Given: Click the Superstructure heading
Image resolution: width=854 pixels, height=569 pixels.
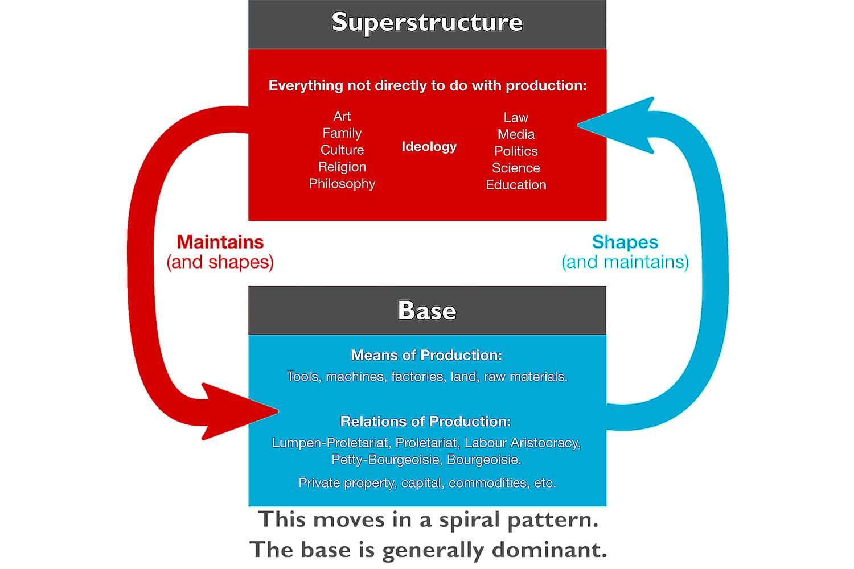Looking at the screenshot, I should [427, 23].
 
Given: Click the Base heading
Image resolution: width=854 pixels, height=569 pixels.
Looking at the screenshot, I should [427, 311].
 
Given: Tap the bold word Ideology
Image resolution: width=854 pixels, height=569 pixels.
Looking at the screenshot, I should [429, 147].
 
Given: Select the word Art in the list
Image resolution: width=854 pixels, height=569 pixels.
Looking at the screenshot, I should [342, 116].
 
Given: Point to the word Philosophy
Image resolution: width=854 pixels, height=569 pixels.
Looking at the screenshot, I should [342, 184].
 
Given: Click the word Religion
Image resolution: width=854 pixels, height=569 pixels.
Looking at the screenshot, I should [342, 167].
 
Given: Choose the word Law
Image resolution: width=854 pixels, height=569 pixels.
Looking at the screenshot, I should [516, 117].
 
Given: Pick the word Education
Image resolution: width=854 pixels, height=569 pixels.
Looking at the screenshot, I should [516, 185].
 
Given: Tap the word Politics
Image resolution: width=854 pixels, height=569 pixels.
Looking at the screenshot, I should [516, 151].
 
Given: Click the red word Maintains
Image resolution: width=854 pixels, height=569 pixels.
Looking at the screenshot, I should [220, 242].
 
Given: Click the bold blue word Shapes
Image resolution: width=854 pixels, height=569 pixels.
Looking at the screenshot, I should [625, 242].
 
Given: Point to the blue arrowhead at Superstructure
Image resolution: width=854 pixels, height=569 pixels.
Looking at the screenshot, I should [621, 125].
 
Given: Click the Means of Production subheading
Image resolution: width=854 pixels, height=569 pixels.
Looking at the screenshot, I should [426, 355].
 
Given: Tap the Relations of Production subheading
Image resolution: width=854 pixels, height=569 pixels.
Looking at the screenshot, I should [425, 422].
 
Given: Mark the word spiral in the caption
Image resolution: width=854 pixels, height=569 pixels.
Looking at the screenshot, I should [468, 520].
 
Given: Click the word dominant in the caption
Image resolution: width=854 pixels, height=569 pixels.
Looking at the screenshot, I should [549, 550].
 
